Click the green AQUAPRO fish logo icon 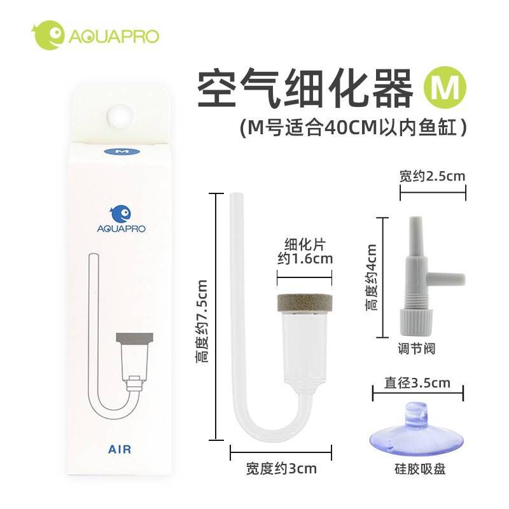[48, 35]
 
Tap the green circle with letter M [445, 87]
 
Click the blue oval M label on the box [122, 151]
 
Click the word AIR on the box [120, 449]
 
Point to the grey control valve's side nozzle [446, 279]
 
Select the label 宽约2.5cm [432, 176]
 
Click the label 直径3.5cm [417, 383]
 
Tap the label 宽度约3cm [281, 469]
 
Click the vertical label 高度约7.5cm [201, 321]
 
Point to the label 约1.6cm [305, 259]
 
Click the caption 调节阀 [417, 349]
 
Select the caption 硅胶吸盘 [420, 469]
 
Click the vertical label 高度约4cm [372, 277]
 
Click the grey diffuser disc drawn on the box [134, 338]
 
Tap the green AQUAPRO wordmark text [114, 36]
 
